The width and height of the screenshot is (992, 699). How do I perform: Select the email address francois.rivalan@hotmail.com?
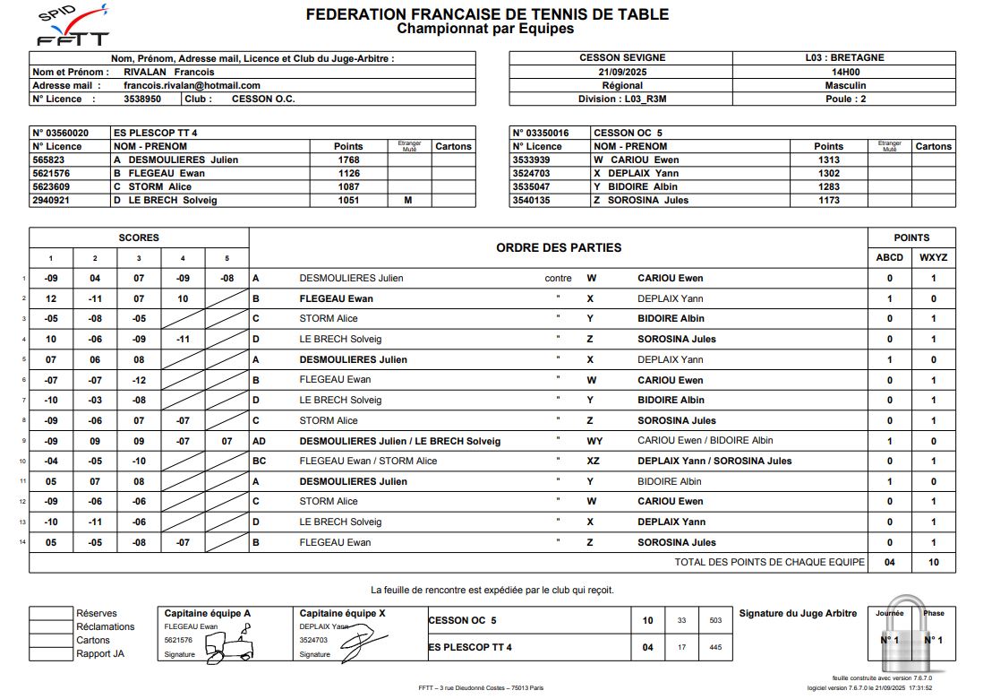tap(192, 85)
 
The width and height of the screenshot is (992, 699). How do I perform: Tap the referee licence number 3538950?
tap(142, 99)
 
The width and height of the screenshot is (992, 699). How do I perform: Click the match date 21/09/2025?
tap(622, 72)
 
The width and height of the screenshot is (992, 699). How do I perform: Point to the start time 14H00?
tap(845, 72)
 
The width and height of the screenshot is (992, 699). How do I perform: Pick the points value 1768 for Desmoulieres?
tap(348, 160)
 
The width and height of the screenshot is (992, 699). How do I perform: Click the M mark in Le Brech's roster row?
tap(408, 200)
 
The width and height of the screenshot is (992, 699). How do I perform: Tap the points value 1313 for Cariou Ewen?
tap(828, 160)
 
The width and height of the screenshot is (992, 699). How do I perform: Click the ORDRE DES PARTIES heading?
tap(558, 247)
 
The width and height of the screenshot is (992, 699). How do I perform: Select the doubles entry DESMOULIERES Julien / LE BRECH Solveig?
tap(399, 441)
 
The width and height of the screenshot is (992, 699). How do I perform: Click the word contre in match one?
tap(558, 278)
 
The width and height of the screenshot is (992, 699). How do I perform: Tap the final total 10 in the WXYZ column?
tap(933, 562)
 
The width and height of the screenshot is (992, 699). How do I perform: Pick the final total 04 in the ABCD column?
tap(889, 562)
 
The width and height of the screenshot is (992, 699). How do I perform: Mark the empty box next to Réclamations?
tap(50, 626)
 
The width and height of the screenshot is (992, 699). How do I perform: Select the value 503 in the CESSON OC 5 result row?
tap(715, 620)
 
